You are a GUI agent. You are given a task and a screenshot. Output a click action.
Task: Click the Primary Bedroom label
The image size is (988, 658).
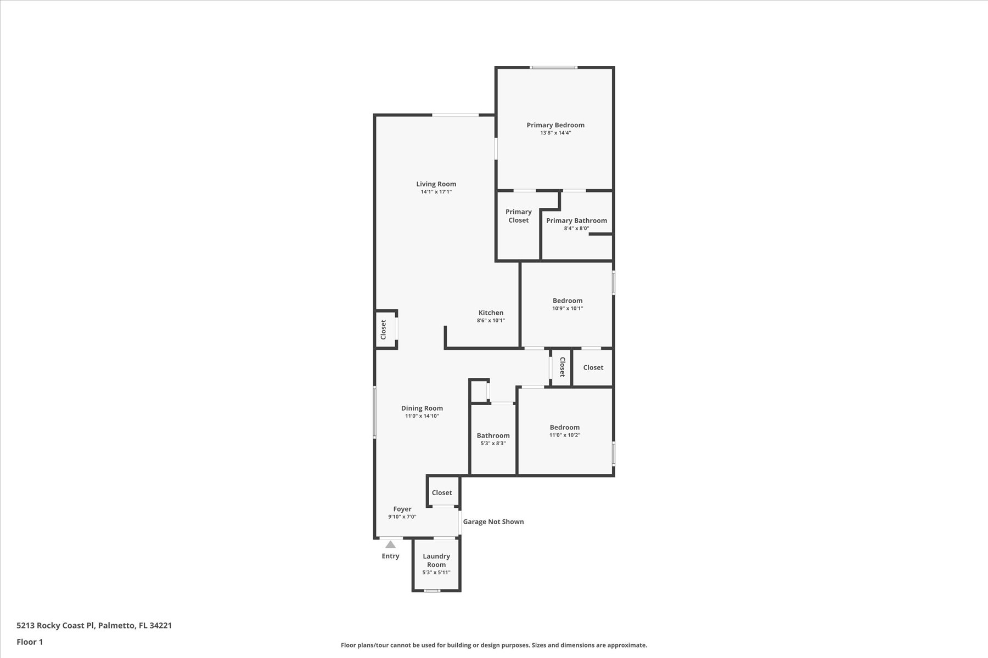click(555, 125)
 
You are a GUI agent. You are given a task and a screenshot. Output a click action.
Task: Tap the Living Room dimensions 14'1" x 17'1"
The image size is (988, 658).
click(436, 192)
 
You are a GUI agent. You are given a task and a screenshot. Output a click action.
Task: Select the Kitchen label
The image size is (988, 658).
click(491, 313)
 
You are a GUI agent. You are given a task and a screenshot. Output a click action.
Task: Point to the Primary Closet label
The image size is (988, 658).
click(519, 216)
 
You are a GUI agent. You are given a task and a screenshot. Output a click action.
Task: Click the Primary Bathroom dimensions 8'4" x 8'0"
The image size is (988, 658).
click(576, 228)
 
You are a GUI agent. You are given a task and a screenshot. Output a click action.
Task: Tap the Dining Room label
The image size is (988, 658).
click(422, 408)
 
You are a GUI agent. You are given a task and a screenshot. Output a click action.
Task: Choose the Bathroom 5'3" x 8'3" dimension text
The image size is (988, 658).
click(493, 443)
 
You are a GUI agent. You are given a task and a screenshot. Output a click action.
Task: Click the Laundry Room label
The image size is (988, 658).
click(436, 560)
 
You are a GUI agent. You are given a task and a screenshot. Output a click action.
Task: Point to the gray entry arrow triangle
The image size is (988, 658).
click(390, 544)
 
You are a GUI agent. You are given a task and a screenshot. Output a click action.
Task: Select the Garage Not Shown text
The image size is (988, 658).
click(493, 521)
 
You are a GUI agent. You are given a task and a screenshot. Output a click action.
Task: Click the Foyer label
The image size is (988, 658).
click(402, 509)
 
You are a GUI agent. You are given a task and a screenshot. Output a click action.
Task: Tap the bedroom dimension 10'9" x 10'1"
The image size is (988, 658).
click(568, 308)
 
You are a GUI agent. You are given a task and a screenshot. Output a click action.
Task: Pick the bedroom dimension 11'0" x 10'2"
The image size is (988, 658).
click(565, 435)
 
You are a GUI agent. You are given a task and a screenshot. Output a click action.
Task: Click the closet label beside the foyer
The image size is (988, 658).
click(442, 492)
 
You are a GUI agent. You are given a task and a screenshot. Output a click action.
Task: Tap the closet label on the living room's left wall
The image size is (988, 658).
click(384, 329)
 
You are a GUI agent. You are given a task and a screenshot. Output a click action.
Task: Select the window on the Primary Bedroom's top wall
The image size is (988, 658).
click(554, 67)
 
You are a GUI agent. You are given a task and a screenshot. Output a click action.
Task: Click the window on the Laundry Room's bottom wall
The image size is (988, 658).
click(432, 591)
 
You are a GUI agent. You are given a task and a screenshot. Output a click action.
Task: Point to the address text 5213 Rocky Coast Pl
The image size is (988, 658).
click(56, 625)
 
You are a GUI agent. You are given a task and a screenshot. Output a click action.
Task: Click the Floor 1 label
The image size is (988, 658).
click(30, 642)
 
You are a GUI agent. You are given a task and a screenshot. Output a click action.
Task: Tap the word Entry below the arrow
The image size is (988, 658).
click(391, 556)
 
